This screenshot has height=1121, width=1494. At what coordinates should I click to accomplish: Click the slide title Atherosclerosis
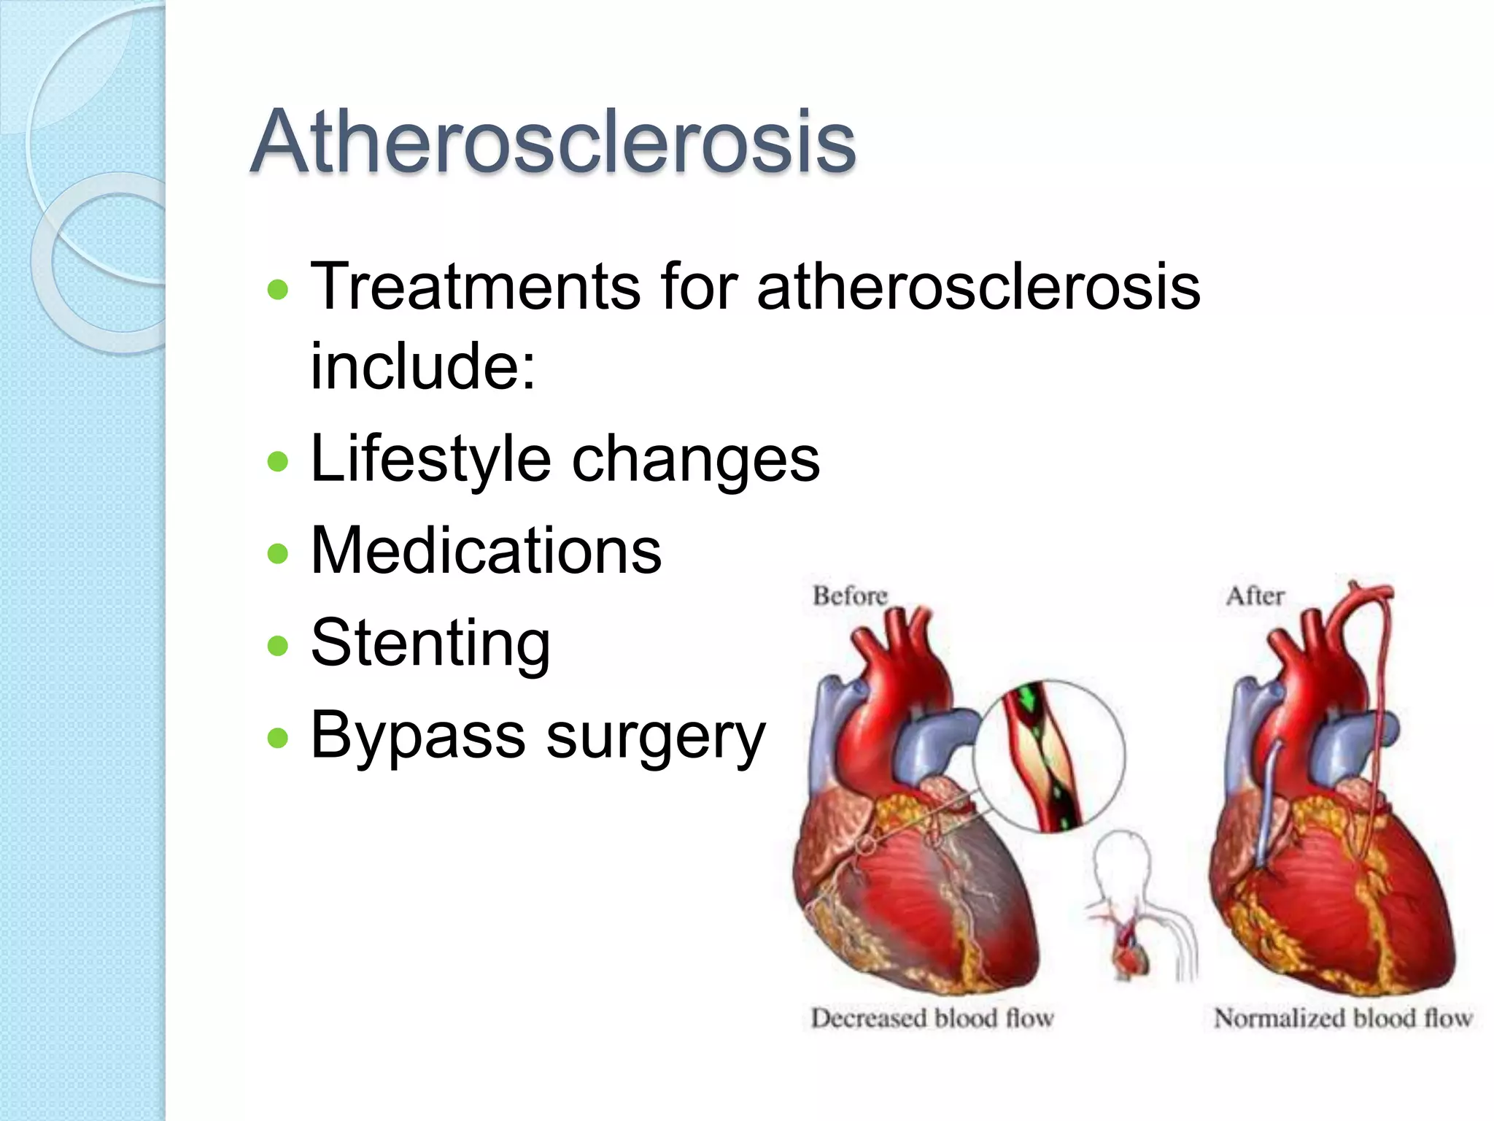click(552, 142)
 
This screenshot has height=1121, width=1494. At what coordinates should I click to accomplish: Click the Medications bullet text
click(486, 550)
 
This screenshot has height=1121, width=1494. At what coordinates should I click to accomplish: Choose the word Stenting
click(430, 643)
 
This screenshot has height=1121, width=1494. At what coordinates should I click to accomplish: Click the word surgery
click(656, 736)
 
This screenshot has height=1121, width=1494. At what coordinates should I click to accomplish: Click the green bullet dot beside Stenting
click(278, 645)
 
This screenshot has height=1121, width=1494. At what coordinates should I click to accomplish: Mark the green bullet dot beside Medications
click(278, 553)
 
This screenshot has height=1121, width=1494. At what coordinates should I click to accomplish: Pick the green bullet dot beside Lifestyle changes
click(278, 461)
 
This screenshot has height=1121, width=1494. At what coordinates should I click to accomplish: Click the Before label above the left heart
click(850, 596)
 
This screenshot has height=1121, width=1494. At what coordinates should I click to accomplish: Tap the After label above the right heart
click(1255, 596)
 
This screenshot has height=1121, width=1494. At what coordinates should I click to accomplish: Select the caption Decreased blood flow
click(932, 1017)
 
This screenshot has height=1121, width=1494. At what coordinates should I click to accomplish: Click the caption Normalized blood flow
click(1343, 1017)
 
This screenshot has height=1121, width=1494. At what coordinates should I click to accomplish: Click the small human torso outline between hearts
click(1138, 912)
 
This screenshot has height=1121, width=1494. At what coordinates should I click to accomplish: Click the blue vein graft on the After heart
click(1269, 803)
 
